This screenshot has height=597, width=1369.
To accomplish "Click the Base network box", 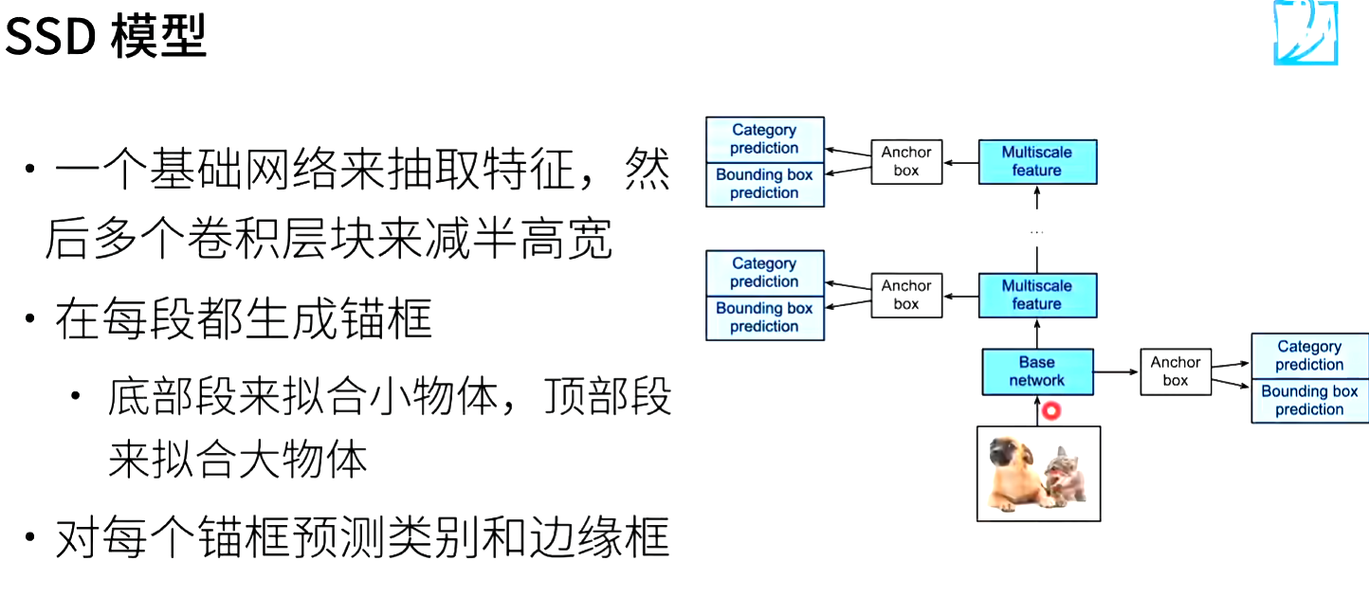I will click(1036, 371).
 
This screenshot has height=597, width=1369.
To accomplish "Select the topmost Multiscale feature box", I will click(1036, 161).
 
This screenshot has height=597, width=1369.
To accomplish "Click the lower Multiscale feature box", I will click(1036, 295).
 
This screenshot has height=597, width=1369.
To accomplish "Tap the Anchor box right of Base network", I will click(1176, 371).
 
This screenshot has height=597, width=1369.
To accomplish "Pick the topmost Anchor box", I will click(906, 161).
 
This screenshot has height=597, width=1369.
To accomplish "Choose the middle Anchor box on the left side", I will click(906, 295).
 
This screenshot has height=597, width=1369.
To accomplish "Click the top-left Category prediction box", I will click(765, 139).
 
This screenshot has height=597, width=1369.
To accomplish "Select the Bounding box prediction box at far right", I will click(1309, 400).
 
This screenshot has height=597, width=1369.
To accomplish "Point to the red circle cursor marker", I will click(1050, 411).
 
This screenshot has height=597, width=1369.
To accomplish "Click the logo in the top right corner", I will click(1305, 33).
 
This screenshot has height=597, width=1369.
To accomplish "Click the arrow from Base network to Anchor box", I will click(1117, 371).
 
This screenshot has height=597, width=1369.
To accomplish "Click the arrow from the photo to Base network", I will click(1036, 410).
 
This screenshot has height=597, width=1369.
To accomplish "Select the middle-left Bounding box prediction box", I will click(765, 317).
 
